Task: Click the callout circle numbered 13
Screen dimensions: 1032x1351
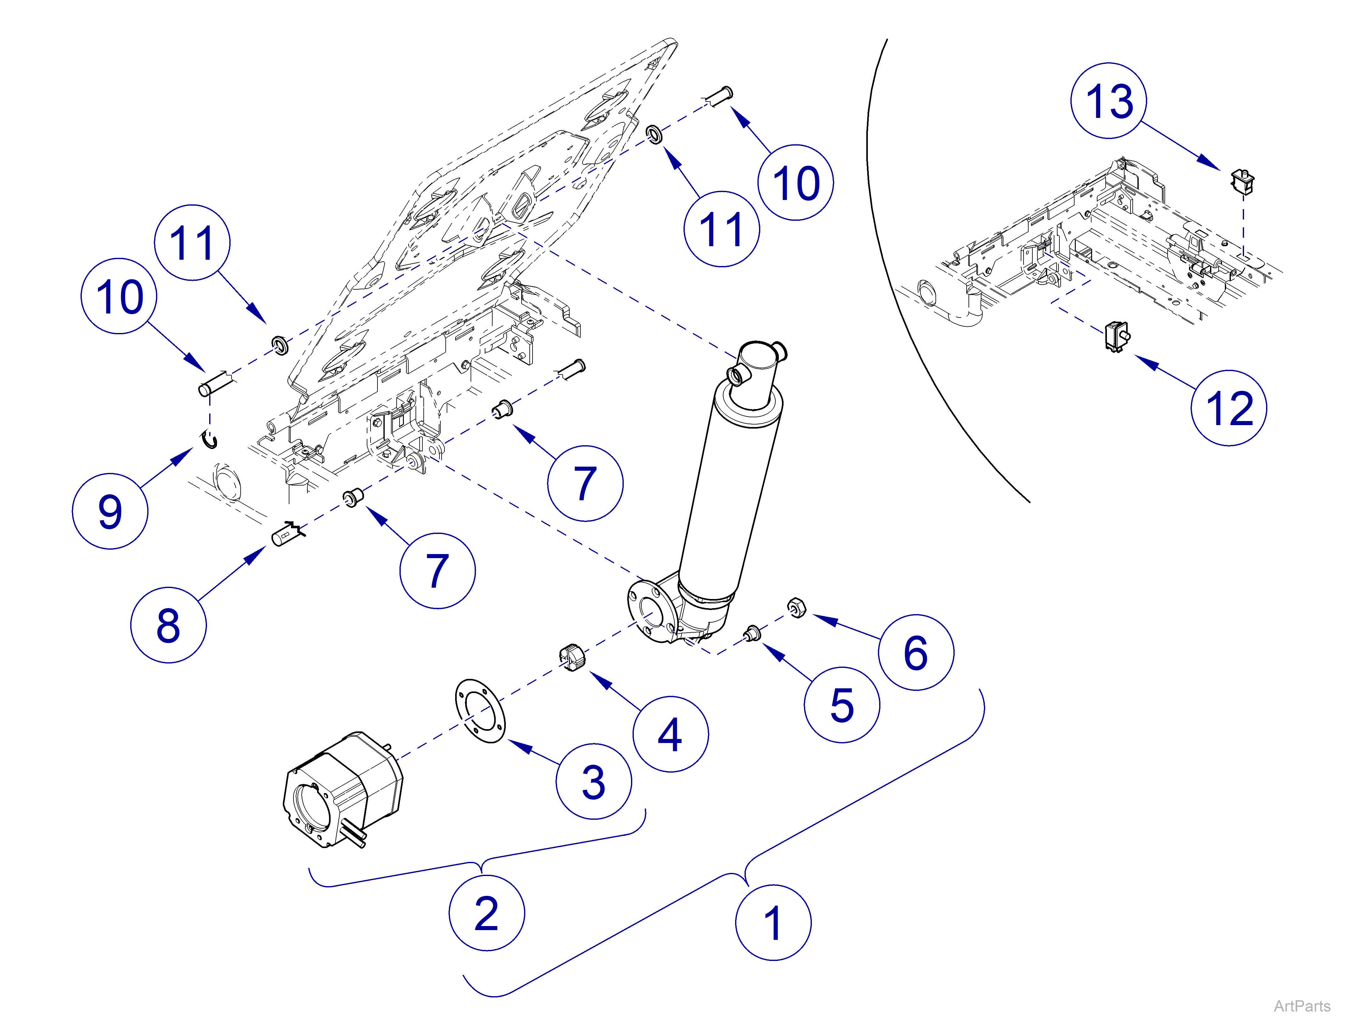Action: [x=1108, y=101]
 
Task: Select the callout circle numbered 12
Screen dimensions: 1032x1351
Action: [x=1228, y=408]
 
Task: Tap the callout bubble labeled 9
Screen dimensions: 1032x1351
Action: [x=110, y=511]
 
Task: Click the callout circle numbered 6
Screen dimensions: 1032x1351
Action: [x=915, y=652]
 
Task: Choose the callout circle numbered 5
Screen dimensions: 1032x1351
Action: [x=842, y=705]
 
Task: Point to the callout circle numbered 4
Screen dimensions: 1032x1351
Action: [x=670, y=734]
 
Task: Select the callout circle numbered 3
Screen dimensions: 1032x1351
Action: [x=594, y=781]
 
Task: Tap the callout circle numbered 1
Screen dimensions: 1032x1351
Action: [x=773, y=923]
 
